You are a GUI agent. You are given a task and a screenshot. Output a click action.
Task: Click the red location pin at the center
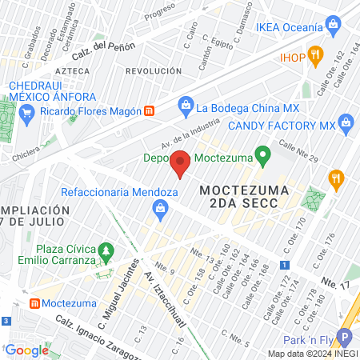point(180,164)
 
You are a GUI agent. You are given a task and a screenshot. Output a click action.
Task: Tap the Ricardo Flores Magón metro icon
point(149,110)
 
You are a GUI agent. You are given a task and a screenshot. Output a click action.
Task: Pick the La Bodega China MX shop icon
point(186,105)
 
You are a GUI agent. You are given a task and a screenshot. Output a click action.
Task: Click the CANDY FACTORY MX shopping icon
point(346,122)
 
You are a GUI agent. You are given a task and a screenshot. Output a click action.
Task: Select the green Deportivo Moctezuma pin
point(261,154)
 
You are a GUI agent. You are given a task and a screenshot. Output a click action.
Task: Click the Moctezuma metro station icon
point(34,304)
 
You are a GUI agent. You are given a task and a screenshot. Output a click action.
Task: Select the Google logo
point(26,350)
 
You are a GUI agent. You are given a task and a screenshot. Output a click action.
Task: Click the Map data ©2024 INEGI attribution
point(313,354)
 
